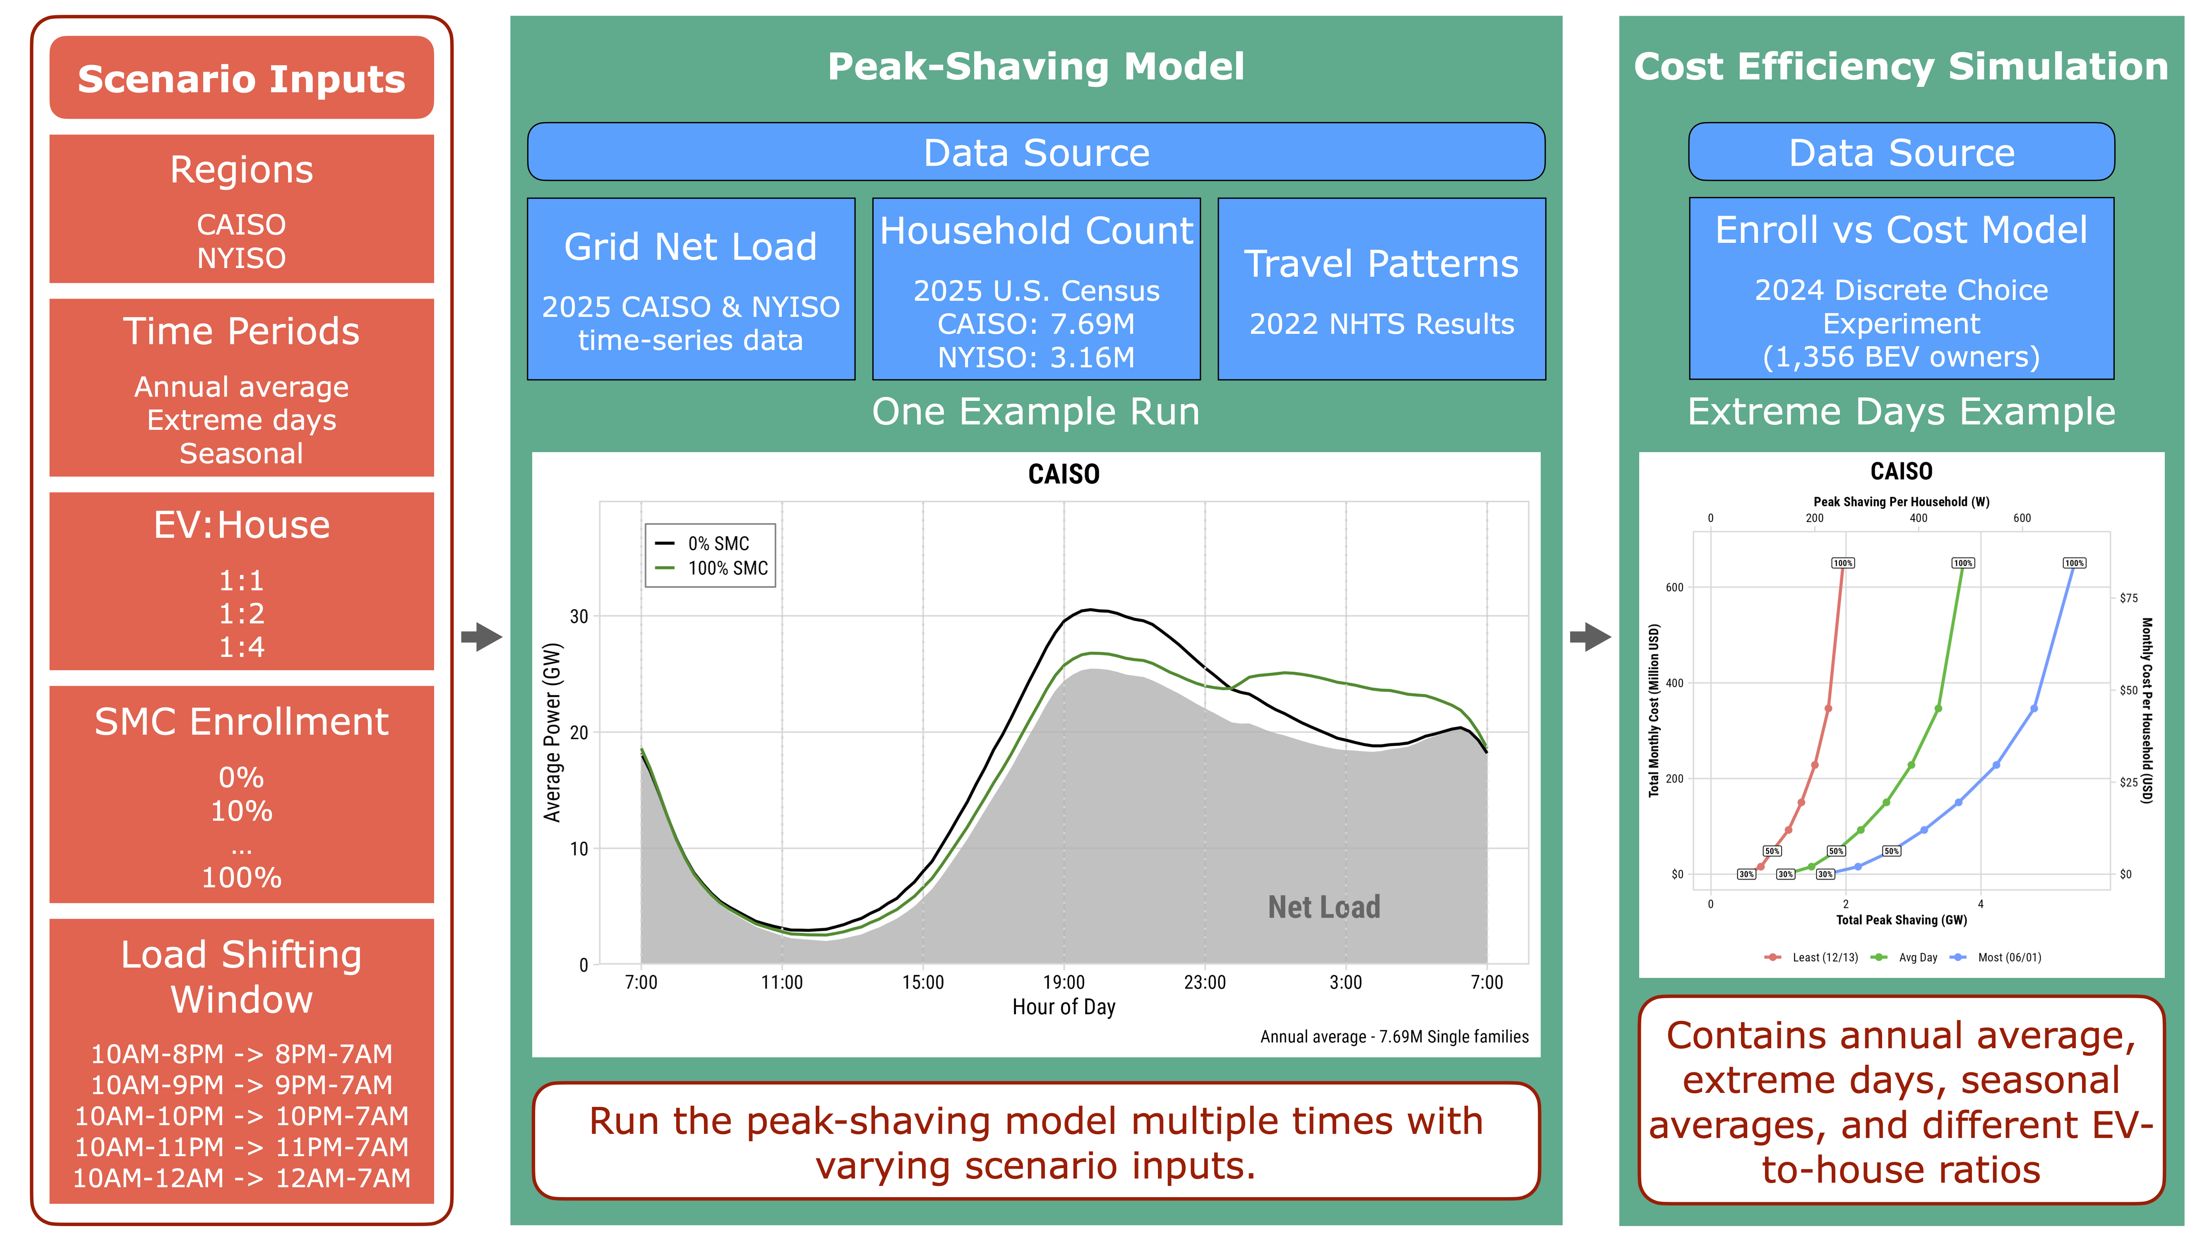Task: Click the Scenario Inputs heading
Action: (242, 79)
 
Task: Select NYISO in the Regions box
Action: (242, 258)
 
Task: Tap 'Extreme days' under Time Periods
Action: (242, 419)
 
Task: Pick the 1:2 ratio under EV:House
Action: (242, 613)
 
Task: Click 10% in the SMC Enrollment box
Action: (242, 810)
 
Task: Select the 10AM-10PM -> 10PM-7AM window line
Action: (242, 1116)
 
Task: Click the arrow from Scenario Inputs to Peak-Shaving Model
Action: (481, 636)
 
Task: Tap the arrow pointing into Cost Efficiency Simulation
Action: (1590, 636)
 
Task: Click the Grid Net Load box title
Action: (691, 247)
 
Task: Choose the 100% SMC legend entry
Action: (712, 568)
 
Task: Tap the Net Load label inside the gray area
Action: (1324, 907)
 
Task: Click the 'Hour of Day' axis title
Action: (1064, 1007)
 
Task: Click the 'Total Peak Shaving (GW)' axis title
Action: (1901, 920)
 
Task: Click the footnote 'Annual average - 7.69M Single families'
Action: (1394, 1037)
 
